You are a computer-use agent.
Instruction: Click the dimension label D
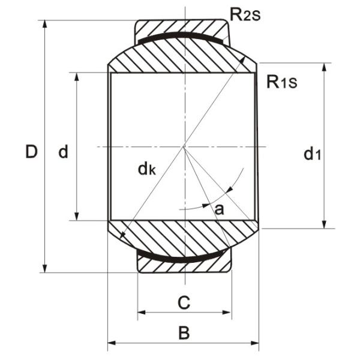(x=31, y=152)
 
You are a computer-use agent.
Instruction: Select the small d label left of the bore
(x=63, y=152)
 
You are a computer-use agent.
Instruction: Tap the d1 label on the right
(x=312, y=155)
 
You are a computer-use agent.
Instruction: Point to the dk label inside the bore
(x=146, y=170)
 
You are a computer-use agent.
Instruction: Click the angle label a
(x=219, y=209)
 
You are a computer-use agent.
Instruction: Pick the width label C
(x=184, y=302)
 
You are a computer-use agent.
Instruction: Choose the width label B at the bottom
(x=184, y=332)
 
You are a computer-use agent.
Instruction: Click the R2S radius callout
(x=246, y=14)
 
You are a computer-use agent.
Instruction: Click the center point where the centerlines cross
(x=184, y=147)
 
